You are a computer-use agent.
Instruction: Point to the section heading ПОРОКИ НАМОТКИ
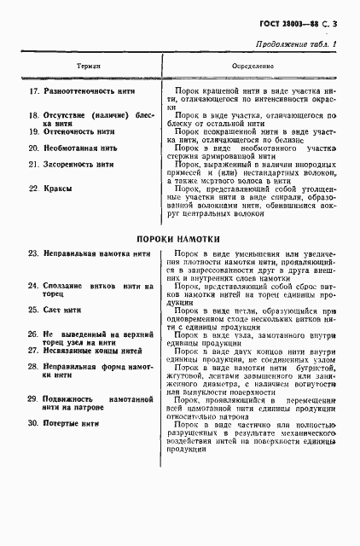(x=179, y=239)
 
